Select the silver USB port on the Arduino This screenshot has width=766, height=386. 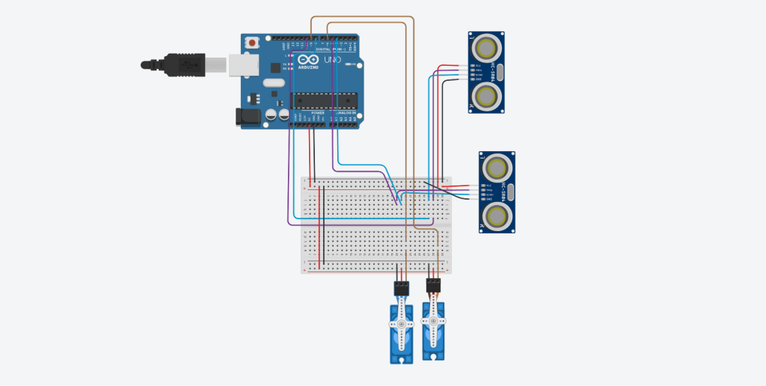[243, 64]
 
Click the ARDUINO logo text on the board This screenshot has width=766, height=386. [308, 67]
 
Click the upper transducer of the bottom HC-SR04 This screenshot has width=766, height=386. [497, 167]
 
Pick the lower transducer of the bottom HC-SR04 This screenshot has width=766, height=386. [497, 215]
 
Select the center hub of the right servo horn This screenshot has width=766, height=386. [432, 322]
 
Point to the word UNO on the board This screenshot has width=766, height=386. [332, 59]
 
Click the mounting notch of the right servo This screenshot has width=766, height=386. [432, 357]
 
